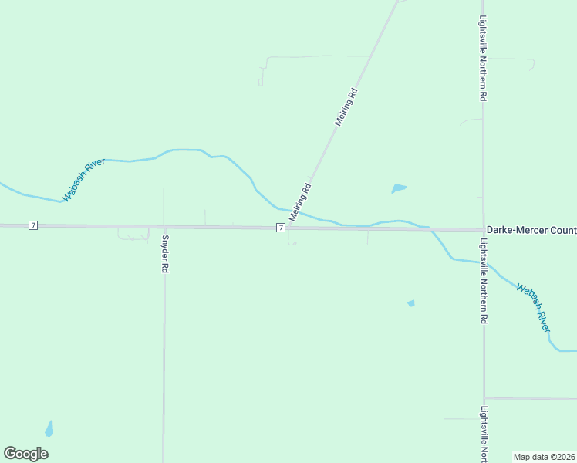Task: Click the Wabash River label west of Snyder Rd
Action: pos(84,181)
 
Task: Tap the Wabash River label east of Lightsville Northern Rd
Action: pos(534,309)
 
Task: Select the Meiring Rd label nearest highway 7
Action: pos(300,202)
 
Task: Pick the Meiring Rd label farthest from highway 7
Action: pos(346,107)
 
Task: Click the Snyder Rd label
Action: pos(164,254)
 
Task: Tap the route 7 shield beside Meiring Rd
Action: pos(281,228)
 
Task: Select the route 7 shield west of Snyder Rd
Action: pos(32,225)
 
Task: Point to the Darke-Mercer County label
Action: pos(531,230)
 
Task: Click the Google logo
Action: pos(25,454)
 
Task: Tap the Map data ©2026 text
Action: pos(544,457)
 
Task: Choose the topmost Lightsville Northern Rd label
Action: pos(484,59)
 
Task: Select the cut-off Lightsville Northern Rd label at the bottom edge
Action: pos(484,434)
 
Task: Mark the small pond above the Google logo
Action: pos(49,428)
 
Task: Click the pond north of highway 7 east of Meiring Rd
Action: pos(398,188)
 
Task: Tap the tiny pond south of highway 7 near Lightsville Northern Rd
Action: pos(411,303)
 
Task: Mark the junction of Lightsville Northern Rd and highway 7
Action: pos(484,230)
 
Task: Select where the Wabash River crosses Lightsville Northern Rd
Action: pos(484,262)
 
